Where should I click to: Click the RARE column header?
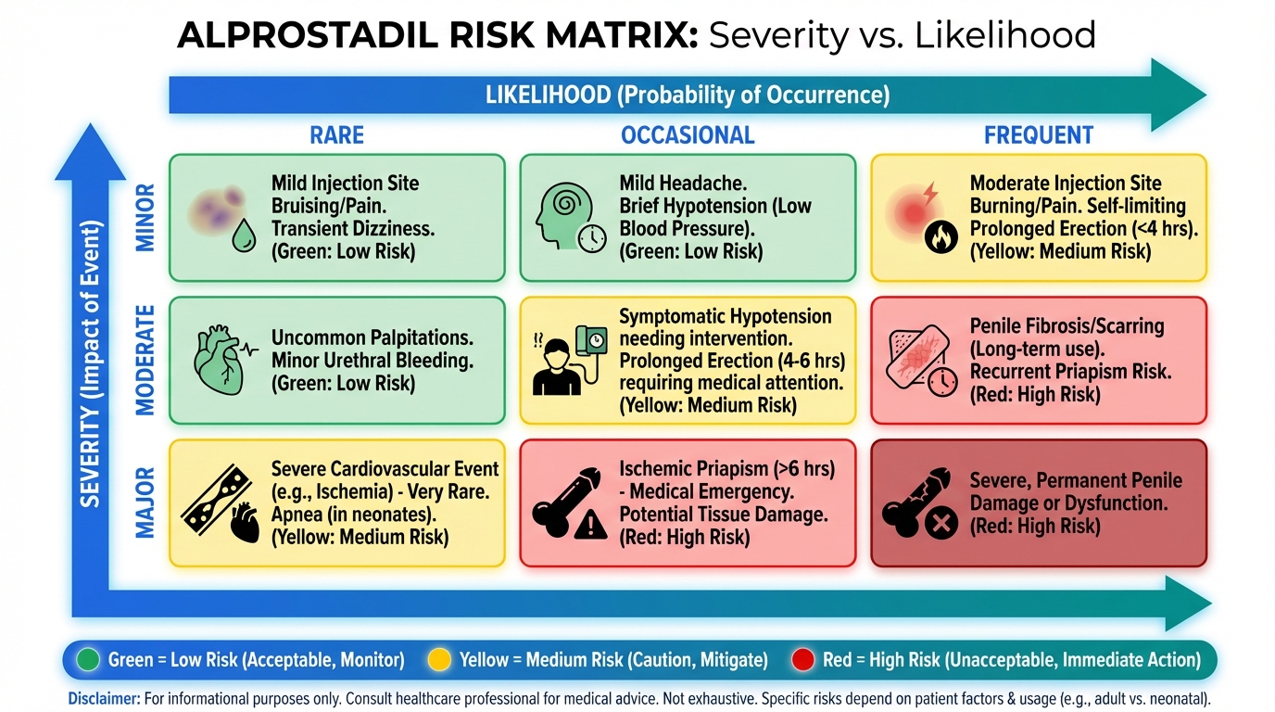pos(336,135)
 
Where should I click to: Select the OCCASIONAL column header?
pos(688,135)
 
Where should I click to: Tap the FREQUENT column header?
pos(1039,135)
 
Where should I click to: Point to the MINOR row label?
pos(145,218)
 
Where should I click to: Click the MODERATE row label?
pos(145,360)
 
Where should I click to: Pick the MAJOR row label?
pos(145,503)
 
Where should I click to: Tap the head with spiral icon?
pos(563,215)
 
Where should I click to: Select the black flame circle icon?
pos(940,237)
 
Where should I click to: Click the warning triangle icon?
pos(591,524)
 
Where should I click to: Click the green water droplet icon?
pos(244,235)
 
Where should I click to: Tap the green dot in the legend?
pos(88,659)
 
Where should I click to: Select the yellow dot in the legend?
pos(439,659)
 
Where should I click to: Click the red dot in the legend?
pos(803,659)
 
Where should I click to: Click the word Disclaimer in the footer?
pos(104,699)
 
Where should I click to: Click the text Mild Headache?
pos(683,184)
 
